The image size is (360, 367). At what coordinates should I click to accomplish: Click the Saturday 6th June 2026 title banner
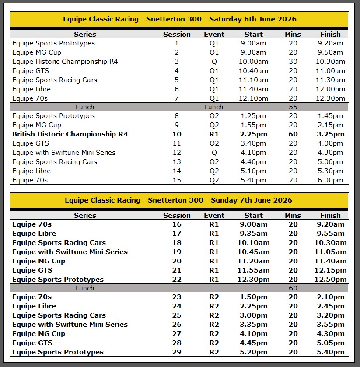(179, 19)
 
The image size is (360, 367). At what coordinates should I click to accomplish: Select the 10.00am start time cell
(254, 62)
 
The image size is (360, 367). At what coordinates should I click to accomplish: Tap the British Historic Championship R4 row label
(70, 134)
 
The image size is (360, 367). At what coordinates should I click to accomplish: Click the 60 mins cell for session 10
(293, 134)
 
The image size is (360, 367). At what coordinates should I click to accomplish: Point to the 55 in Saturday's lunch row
(293, 107)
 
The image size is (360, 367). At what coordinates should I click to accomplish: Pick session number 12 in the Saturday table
(177, 153)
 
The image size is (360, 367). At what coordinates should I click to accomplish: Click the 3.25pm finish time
(330, 134)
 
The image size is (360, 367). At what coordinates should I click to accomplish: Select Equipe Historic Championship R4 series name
(65, 62)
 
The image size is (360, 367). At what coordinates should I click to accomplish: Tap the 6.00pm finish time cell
(330, 180)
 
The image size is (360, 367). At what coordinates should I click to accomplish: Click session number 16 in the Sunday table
(177, 224)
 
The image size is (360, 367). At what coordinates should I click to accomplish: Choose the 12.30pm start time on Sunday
(254, 280)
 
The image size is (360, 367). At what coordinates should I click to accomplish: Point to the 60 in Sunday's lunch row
(293, 288)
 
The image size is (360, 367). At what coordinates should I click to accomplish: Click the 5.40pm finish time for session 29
(330, 352)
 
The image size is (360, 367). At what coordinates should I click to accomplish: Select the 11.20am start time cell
(254, 261)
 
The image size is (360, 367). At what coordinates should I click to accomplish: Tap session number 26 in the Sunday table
(177, 325)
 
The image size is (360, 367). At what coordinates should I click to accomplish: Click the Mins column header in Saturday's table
(293, 34)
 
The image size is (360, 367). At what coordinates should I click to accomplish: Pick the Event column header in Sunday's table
(214, 215)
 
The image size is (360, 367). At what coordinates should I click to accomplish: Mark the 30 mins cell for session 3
(293, 62)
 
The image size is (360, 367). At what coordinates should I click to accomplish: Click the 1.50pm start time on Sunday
(254, 297)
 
